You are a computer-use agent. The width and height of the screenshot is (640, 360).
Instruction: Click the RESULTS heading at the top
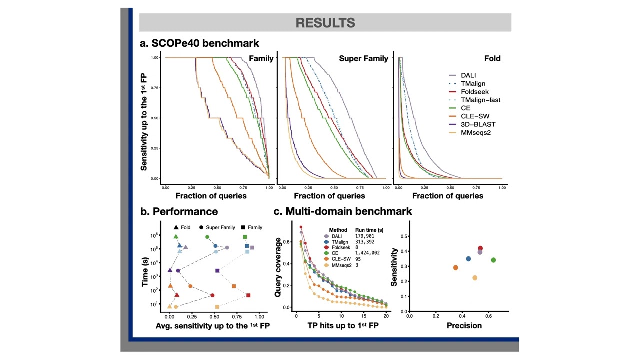click(325, 23)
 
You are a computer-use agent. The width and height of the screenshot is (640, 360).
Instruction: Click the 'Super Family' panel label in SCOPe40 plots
click(363, 59)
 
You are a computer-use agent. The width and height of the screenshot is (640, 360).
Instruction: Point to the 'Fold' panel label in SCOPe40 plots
click(492, 59)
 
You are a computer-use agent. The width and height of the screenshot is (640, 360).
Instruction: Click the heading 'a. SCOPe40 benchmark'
click(199, 43)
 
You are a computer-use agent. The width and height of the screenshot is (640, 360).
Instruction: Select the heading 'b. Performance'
click(179, 211)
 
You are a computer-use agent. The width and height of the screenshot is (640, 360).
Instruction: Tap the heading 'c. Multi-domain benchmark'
click(343, 211)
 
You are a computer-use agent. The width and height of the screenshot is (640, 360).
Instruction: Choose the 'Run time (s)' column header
click(369, 230)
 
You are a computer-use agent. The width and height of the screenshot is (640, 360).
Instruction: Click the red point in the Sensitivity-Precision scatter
click(480, 248)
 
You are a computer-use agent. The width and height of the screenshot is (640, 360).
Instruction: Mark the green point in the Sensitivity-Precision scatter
click(493, 260)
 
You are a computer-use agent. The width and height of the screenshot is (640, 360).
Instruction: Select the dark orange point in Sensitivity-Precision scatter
click(455, 268)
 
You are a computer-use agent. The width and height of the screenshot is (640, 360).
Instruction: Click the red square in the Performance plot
click(248, 295)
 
